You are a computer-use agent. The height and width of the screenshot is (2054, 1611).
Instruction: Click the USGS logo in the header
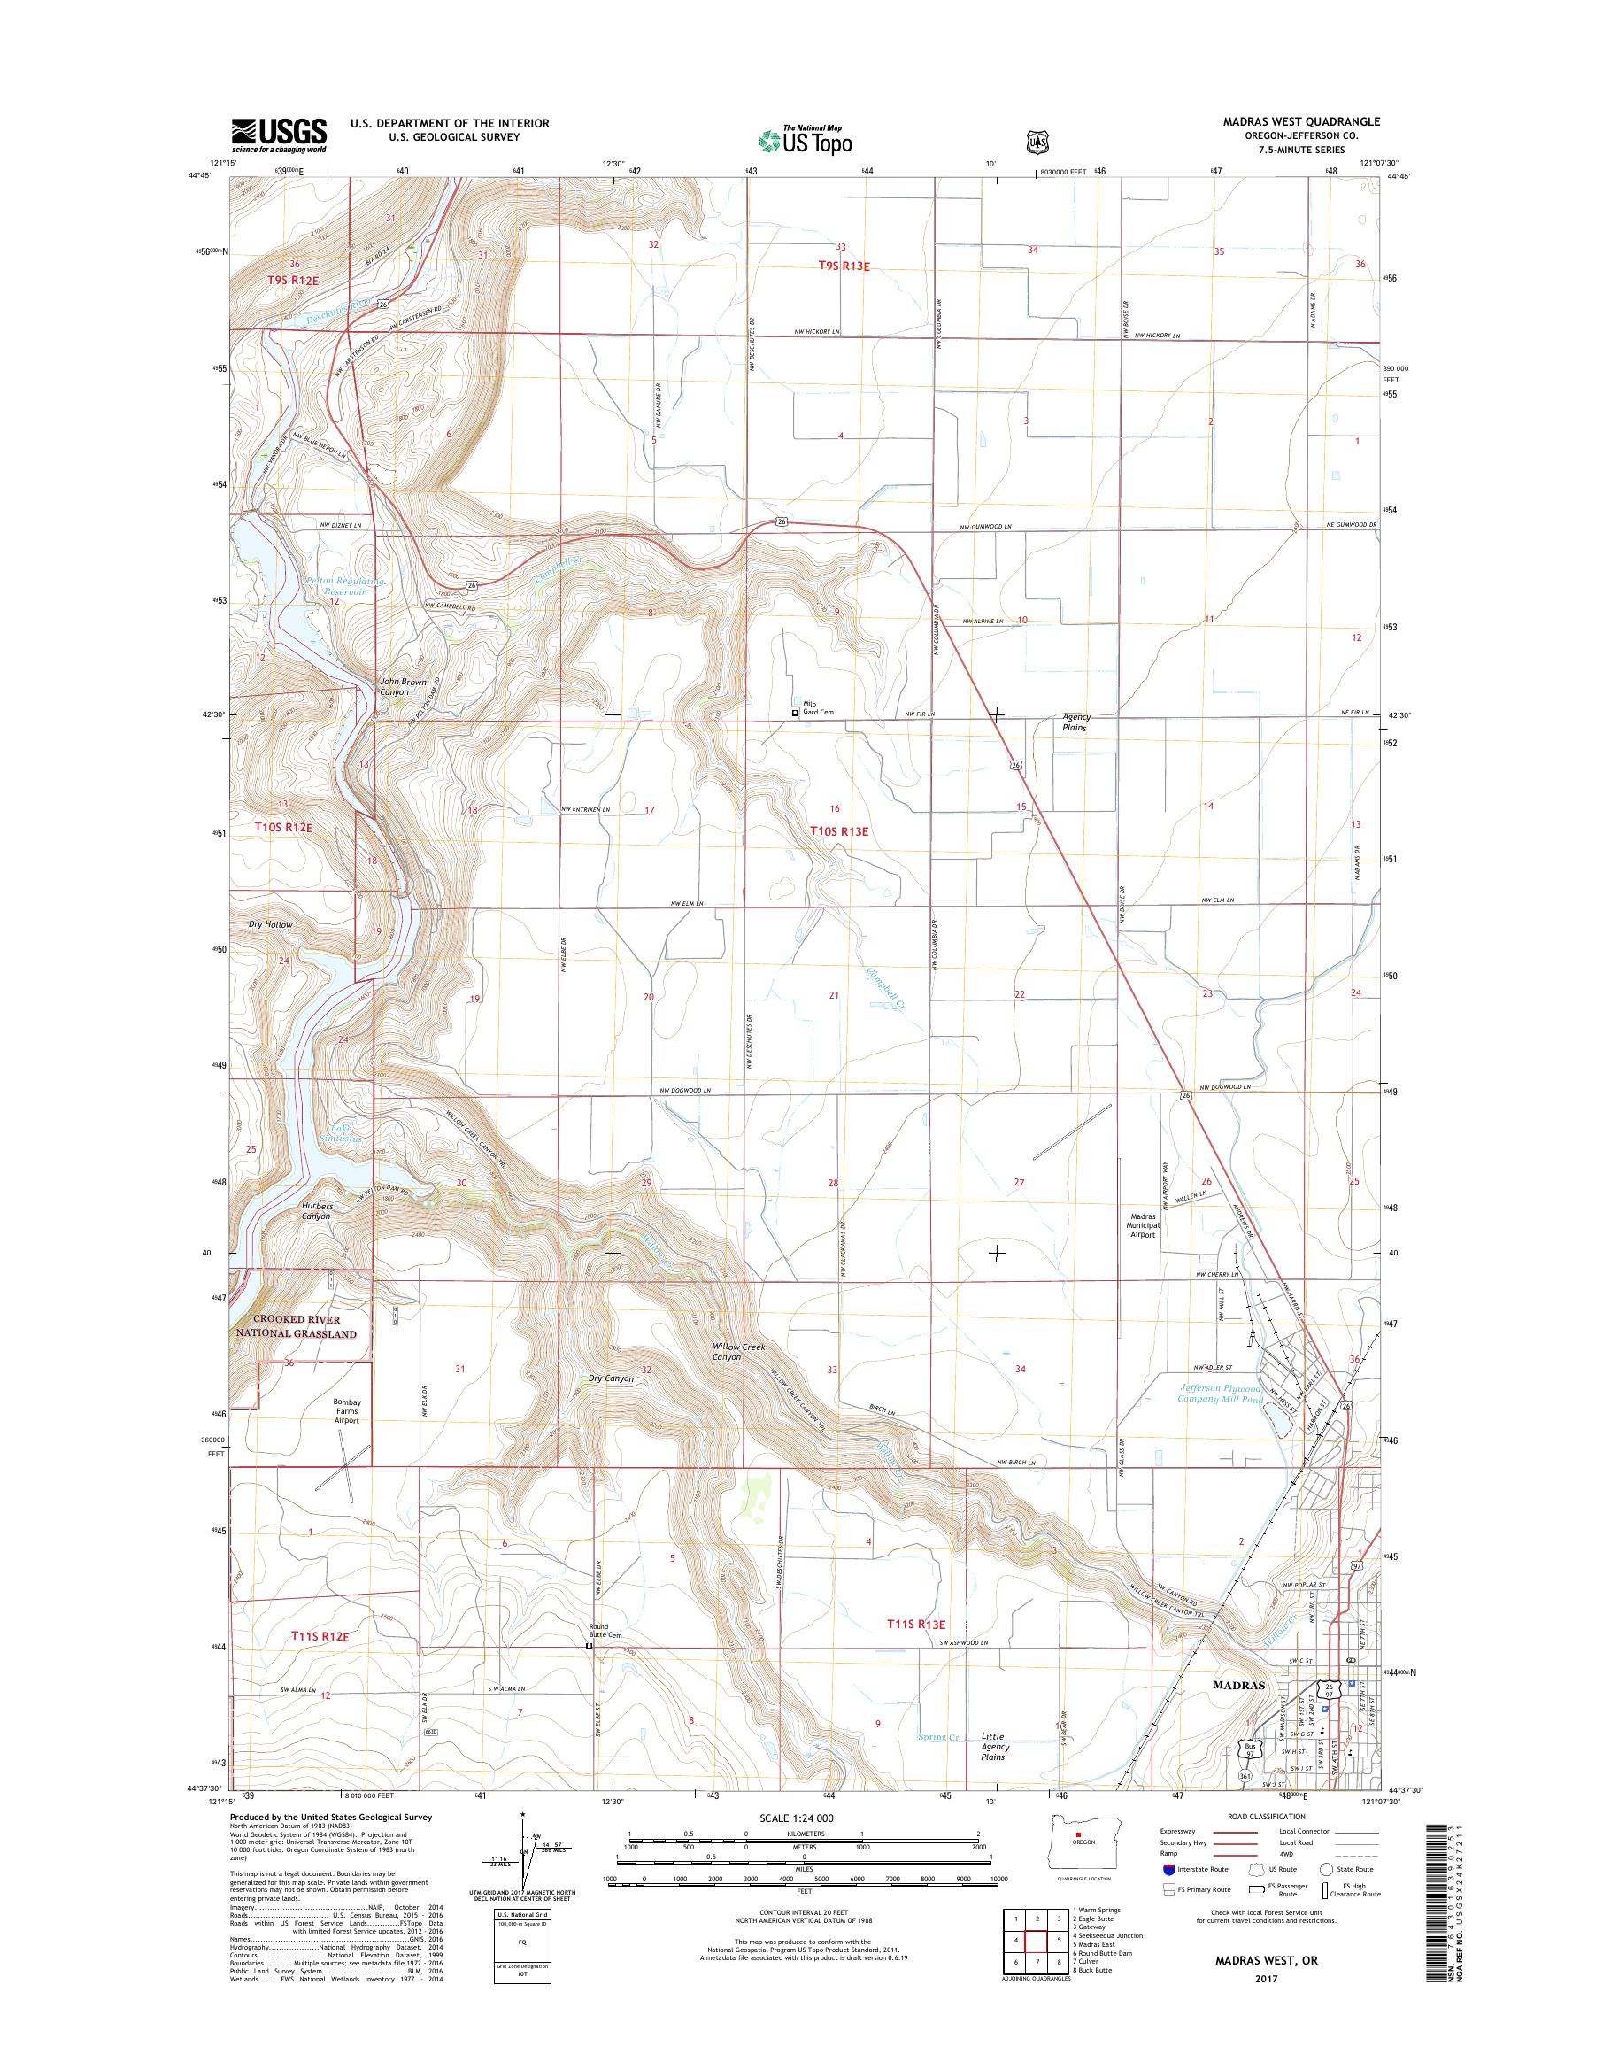tap(279, 135)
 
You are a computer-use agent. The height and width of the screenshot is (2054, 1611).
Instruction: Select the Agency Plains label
tap(1075, 722)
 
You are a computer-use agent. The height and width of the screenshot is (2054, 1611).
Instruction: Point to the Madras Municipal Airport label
tap(1142, 1224)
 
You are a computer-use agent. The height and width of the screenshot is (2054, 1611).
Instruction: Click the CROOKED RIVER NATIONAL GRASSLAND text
tap(297, 1326)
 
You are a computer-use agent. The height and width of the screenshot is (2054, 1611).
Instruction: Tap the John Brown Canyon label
tap(403, 686)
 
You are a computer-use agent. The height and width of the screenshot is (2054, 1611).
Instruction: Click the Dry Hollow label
tap(271, 924)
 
